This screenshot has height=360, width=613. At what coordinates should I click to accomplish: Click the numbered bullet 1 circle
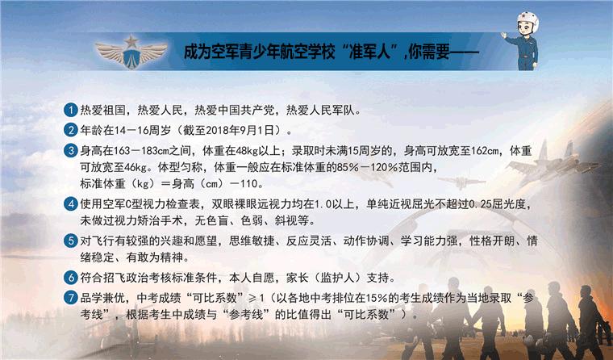[x=72, y=110]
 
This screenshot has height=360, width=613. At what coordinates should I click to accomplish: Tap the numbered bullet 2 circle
[x=72, y=129]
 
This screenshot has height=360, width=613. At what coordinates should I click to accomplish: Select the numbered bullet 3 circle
[x=72, y=150]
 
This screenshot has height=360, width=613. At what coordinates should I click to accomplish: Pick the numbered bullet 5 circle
[x=72, y=241]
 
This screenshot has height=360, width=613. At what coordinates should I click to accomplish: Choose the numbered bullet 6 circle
[x=72, y=278]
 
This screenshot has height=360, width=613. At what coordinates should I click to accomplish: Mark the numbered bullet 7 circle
[x=72, y=298]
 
